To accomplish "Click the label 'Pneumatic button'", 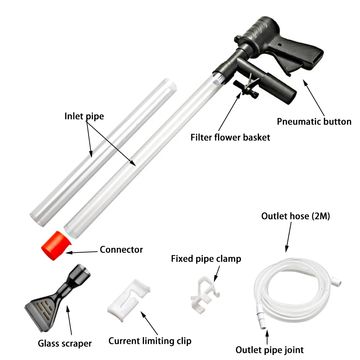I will pyautogui.click(x=314, y=122).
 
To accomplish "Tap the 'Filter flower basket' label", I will pyautogui.click(x=230, y=137).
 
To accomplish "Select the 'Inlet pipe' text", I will pyautogui.click(x=84, y=117).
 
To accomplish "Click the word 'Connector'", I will pyautogui.click(x=121, y=249).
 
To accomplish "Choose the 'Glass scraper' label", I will pyautogui.click(x=65, y=343).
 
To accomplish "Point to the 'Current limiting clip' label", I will pyautogui.click(x=150, y=341).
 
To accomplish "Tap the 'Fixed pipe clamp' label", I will pyautogui.click(x=206, y=258).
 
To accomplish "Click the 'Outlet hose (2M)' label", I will pyautogui.click(x=296, y=216).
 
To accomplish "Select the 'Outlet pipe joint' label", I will pyautogui.click(x=270, y=350).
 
